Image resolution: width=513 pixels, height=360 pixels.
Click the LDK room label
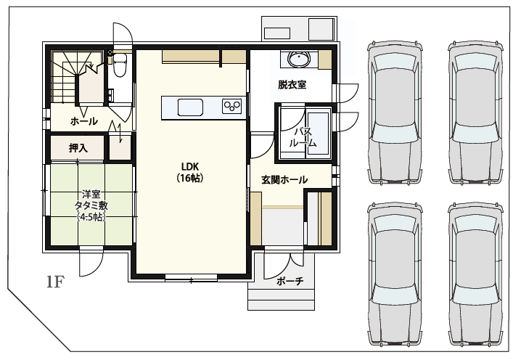190,167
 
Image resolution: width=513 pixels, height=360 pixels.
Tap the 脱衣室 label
292,85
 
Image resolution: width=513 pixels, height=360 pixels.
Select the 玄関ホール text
284,180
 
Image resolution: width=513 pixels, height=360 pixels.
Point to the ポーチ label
290,281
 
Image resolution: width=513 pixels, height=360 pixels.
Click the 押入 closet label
78,148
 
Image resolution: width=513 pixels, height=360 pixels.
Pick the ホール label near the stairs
84,121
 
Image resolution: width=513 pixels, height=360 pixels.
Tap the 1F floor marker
55,282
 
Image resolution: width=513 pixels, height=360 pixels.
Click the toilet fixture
120,65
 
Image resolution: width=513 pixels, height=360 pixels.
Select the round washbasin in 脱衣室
298,60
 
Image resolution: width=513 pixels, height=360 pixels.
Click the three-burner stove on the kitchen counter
231,106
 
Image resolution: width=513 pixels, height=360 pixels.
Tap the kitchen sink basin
190,107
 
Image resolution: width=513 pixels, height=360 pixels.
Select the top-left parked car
395,112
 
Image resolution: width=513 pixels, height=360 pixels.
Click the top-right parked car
476,112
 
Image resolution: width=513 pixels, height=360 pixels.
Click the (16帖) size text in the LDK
190,179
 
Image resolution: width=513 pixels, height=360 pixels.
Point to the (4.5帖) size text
91,217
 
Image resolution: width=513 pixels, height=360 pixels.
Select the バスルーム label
303,137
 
